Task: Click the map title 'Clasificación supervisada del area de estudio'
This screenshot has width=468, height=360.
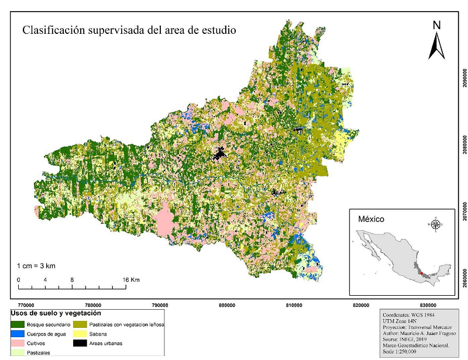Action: point(129,30)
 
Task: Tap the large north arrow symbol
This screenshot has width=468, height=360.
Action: point(436,46)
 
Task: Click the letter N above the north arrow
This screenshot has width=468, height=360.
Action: point(436,25)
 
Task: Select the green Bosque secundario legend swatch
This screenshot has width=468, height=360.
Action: point(18,324)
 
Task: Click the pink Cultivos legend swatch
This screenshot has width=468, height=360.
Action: point(18,344)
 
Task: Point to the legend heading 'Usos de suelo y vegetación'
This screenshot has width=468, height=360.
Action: point(52,314)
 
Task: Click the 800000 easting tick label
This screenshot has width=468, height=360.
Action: point(227,305)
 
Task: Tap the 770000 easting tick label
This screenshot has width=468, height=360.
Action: point(26,305)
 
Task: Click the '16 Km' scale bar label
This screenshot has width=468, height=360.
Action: point(132,280)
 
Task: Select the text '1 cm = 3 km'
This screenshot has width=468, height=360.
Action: point(36,266)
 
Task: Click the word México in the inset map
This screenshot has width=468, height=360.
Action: point(370,219)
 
